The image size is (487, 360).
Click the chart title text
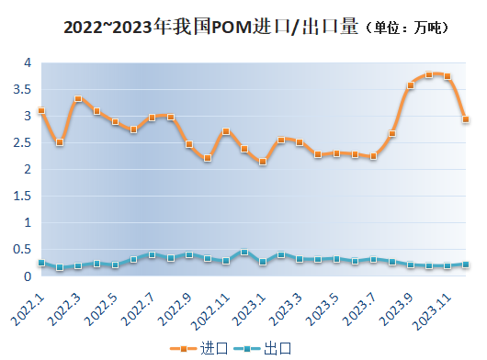[211, 27]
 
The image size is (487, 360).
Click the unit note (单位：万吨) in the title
[408, 28]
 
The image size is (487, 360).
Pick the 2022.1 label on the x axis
[28, 306]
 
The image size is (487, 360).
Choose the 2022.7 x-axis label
[140, 306]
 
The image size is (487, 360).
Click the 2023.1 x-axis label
[251, 306]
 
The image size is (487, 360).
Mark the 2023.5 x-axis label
[324, 306]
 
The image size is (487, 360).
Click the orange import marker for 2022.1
[41, 110]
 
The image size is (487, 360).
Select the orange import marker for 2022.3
[78, 99]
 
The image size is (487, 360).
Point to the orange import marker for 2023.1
[263, 162]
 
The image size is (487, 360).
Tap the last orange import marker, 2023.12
[466, 119]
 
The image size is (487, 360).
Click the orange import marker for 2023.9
[411, 85]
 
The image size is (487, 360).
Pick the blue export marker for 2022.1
[41, 263]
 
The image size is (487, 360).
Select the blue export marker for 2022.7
[152, 254]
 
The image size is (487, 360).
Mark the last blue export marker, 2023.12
[466, 264]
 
